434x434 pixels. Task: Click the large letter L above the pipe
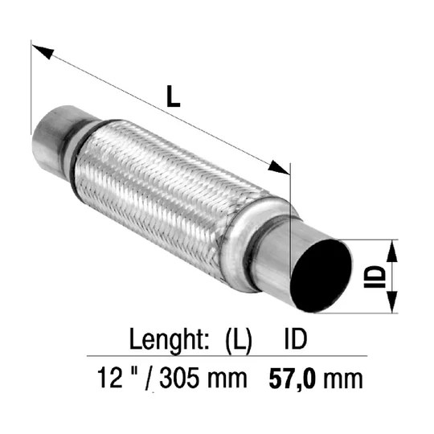click(174, 96)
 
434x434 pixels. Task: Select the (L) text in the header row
click(239, 341)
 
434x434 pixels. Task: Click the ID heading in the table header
click(296, 338)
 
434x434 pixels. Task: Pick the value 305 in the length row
click(179, 378)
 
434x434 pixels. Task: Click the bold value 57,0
click(293, 379)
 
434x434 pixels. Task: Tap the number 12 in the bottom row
click(110, 377)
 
